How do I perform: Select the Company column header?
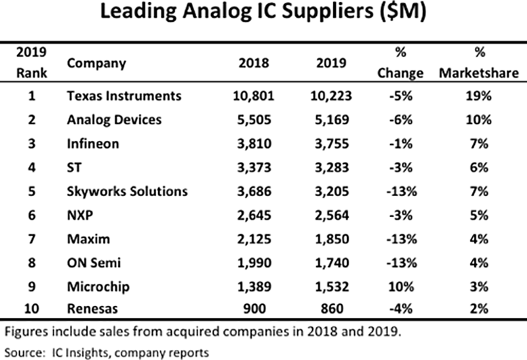coord(96,64)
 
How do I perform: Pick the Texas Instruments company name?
coord(124,96)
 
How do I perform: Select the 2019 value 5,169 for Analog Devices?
coord(330,120)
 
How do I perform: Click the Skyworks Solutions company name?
coord(127,192)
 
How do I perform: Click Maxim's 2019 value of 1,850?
coord(330,240)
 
